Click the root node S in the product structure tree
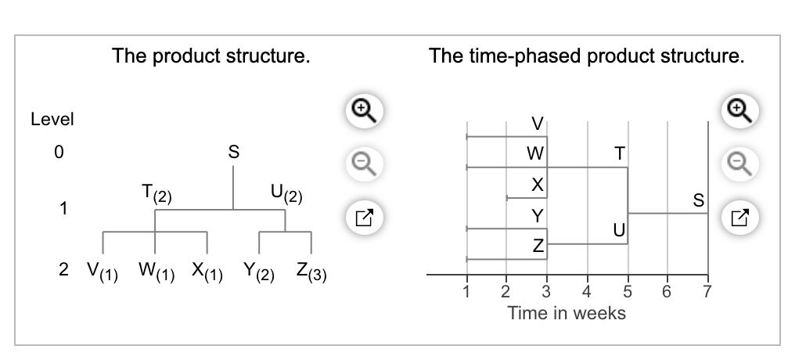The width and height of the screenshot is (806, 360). [233, 153]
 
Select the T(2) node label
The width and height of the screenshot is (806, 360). [157, 194]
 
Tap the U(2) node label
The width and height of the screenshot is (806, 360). [286, 194]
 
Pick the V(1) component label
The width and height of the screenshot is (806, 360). [103, 272]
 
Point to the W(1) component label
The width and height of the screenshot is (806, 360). [157, 272]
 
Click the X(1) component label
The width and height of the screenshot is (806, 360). [207, 272]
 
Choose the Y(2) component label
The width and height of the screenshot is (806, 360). [259, 272]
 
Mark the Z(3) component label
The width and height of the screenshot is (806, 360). [311, 272]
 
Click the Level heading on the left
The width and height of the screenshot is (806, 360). [52, 119]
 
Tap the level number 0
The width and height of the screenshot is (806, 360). [59, 153]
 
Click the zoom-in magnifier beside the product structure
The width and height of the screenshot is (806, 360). [364, 110]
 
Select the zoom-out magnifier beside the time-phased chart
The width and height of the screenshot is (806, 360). [739, 164]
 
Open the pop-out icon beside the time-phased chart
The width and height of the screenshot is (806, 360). [739, 218]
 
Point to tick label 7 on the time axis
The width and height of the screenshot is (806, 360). [707, 292]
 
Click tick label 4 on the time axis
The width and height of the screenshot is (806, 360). [587, 292]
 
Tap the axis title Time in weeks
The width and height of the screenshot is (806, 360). [567, 313]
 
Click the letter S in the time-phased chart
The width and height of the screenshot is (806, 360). [698, 200]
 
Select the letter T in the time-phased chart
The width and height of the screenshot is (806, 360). [620, 153]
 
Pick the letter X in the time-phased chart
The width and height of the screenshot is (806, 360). [537, 185]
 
